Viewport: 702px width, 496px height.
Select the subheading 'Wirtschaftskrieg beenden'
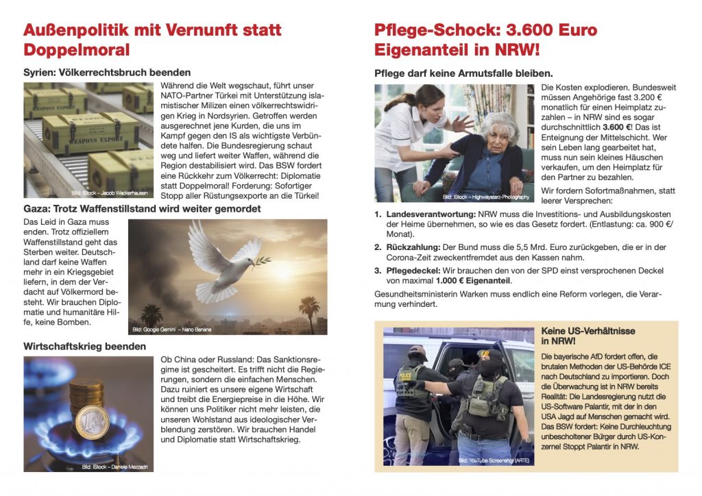[x=84, y=347]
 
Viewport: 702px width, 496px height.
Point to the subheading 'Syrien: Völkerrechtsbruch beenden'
[x=107, y=73]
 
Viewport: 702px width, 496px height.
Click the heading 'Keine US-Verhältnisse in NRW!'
[x=588, y=336]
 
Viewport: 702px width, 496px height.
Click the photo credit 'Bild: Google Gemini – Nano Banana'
[x=172, y=330]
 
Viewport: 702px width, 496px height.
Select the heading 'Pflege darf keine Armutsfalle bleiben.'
[x=463, y=73]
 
